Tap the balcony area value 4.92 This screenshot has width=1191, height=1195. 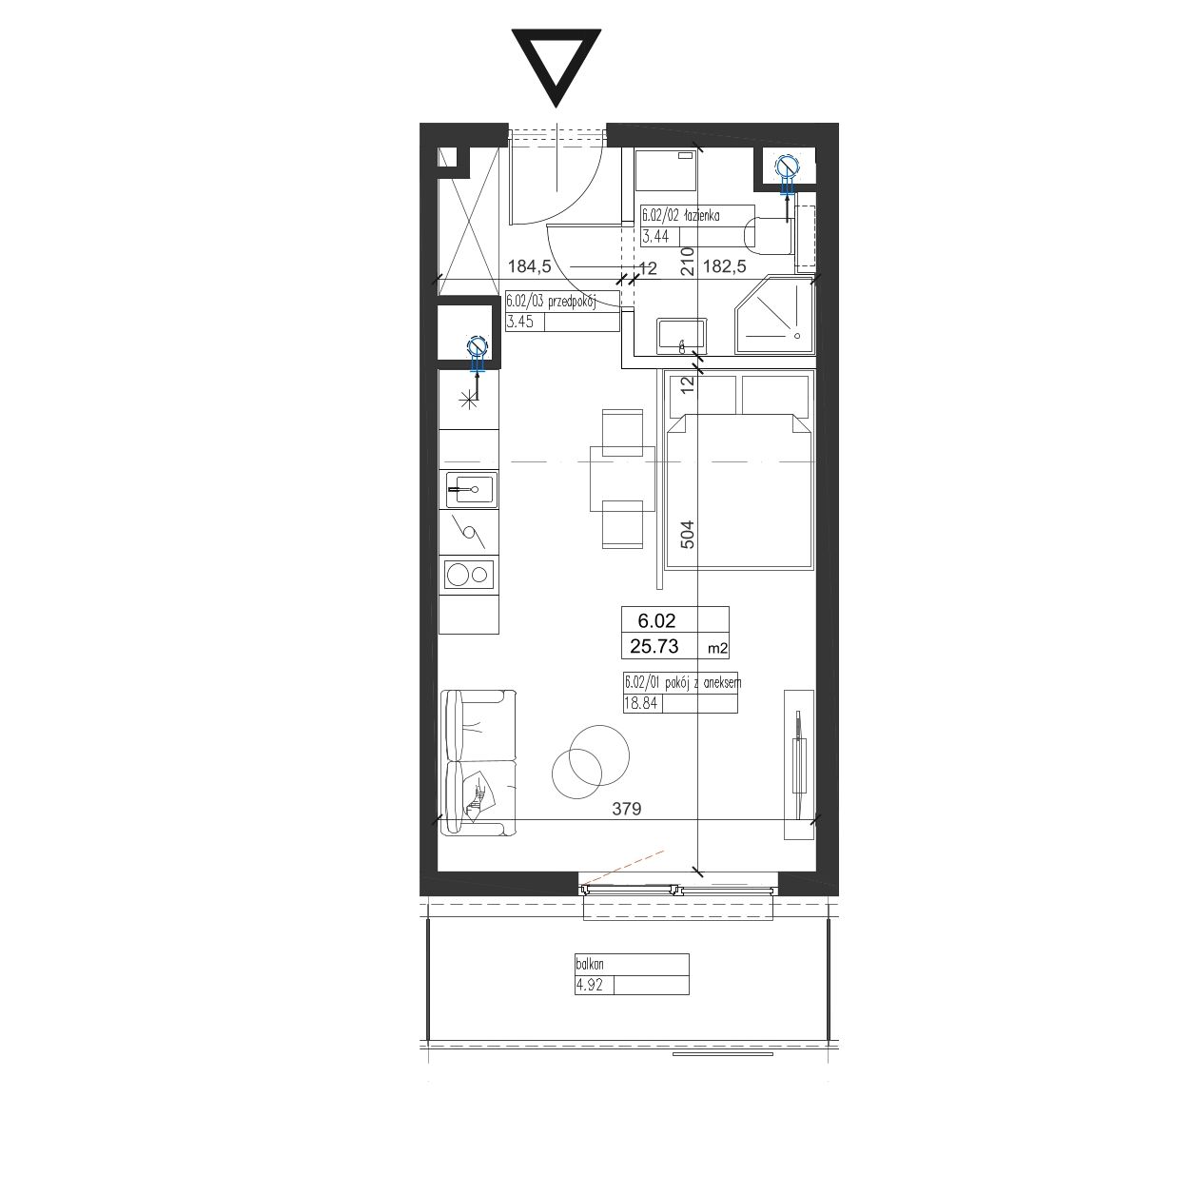pos(589,985)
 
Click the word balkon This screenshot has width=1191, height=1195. pos(589,965)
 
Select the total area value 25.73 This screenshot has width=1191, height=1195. pos(654,647)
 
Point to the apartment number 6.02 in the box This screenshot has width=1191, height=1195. pos(657,620)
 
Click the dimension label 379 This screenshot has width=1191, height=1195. pos(627,809)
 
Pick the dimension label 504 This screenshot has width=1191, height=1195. pos(688,534)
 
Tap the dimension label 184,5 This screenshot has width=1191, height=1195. pos(530,266)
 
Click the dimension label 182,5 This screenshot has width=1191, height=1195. pos(724,266)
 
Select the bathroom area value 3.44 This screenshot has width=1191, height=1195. pos(655,236)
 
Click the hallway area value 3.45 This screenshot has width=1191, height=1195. pos(519,322)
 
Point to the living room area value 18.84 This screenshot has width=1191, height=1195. pos(641,703)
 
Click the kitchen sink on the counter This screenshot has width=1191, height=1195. pos(472,489)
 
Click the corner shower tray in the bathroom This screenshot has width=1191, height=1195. pos(773,315)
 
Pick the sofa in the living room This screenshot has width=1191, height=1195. pos(478,763)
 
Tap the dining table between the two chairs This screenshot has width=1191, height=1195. pos(622,479)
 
